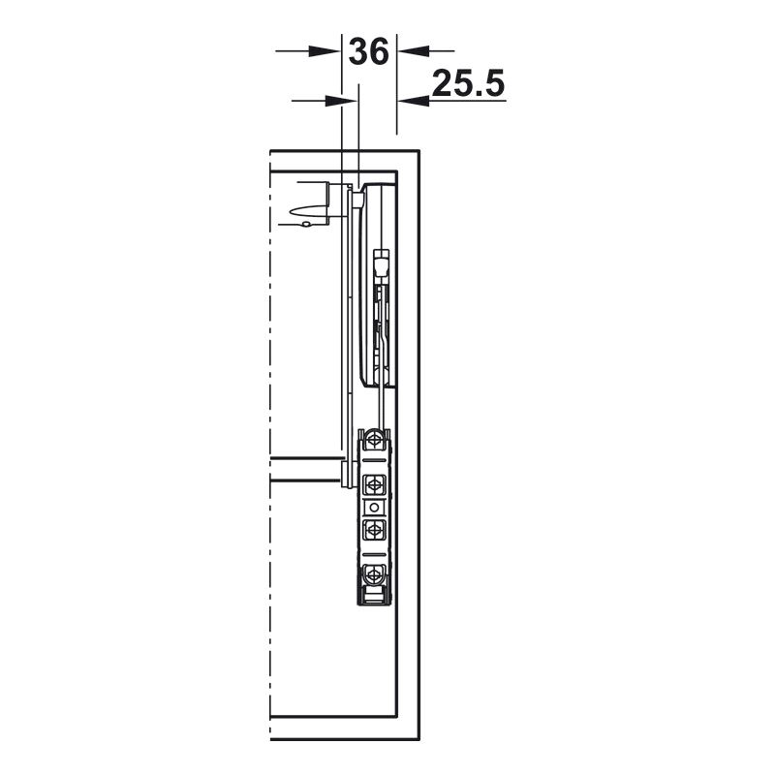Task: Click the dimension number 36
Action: (x=369, y=51)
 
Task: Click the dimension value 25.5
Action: (x=468, y=83)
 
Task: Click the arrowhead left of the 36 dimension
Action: (x=325, y=51)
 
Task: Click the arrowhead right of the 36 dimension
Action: (x=415, y=50)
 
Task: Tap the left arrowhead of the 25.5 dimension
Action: (x=341, y=101)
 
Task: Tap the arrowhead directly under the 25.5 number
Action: (x=415, y=101)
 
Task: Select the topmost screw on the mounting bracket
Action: (x=374, y=440)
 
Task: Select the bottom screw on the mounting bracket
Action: (x=374, y=574)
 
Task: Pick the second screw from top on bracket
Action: (x=374, y=484)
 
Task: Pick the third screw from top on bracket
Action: (x=374, y=530)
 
